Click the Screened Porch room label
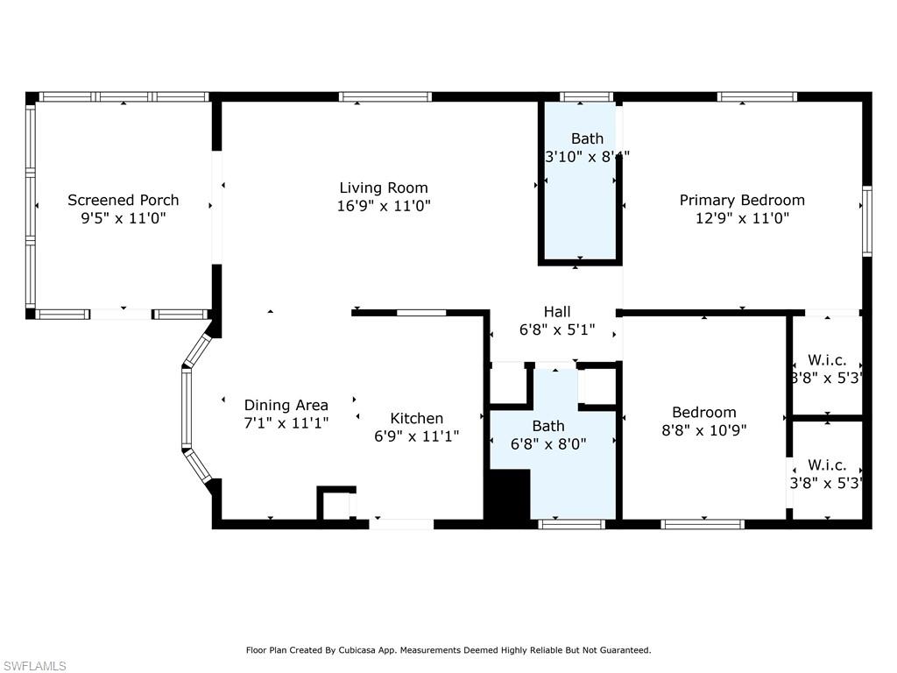pyautogui.click(x=124, y=201)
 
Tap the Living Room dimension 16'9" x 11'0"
pyautogui.click(x=384, y=206)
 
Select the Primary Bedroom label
pyautogui.click(x=742, y=201)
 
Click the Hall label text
pyautogui.click(x=557, y=312)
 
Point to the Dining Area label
pyautogui.click(x=286, y=405)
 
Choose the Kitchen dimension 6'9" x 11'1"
pyautogui.click(x=416, y=436)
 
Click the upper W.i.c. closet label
pyautogui.click(x=827, y=361)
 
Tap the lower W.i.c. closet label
pyautogui.click(x=827, y=465)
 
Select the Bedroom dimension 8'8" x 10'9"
pyautogui.click(x=704, y=430)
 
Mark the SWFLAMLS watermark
pyautogui.click(x=34, y=667)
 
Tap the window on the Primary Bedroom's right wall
pyautogui.click(x=866, y=221)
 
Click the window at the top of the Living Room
pyautogui.click(x=385, y=96)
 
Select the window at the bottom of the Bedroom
pyautogui.click(x=703, y=524)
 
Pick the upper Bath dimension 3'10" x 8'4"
pyautogui.click(x=587, y=157)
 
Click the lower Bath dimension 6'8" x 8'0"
pyautogui.click(x=548, y=444)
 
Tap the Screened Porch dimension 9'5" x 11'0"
pyautogui.click(x=124, y=218)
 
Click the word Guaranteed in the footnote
pyautogui.click(x=621, y=650)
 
